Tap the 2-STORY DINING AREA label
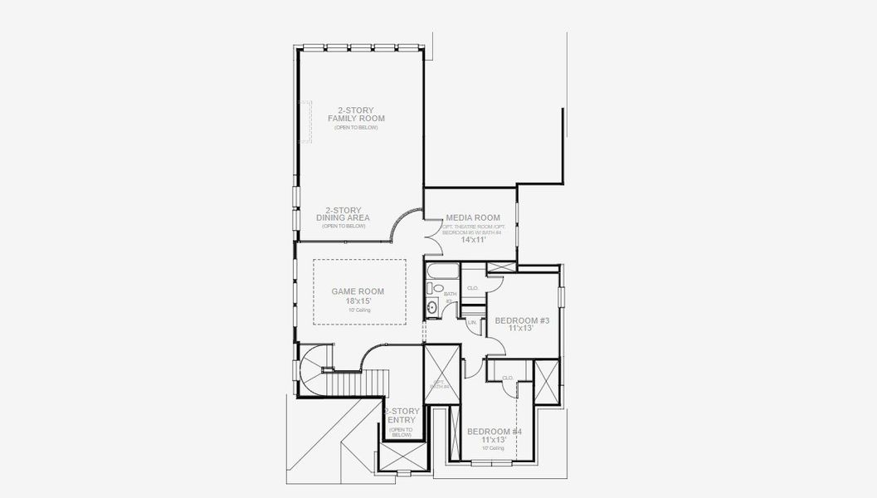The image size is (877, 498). [x=343, y=214]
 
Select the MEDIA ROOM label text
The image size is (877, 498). [x=472, y=217]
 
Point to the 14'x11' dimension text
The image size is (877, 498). [x=473, y=240]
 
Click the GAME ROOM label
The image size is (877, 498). [x=358, y=291]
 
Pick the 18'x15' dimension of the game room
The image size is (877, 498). [x=358, y=300]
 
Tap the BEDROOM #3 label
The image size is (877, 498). [x=522, y=320]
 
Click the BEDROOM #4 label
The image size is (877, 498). [x=495, y=432]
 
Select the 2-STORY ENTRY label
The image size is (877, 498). [x=402, y=416]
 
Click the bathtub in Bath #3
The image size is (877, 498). [x=442, y=271]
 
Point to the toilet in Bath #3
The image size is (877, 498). [x=431, y=289]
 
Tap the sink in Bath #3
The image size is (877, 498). [x=432, y=308]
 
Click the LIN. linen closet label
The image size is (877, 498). [x=471, y=322]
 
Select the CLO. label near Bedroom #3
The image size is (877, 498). [x=473, y=288]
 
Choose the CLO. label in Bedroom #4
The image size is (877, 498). [x=508, y=378]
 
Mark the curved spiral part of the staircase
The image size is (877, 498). [x=316, y=364]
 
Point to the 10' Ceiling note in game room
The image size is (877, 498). [x=358, y=310]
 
